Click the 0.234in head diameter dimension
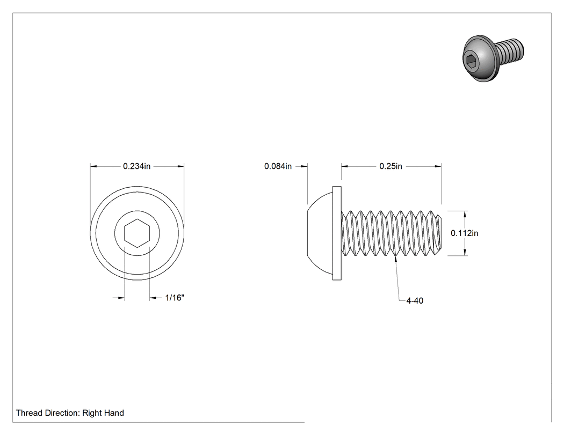136,166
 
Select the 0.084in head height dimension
278,166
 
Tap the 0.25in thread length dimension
391,166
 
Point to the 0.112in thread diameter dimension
465,233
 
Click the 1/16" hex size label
175,298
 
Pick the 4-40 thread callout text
415,301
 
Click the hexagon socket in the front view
137,233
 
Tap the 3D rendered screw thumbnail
493,58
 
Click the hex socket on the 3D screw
471,62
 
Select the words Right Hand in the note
103,413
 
